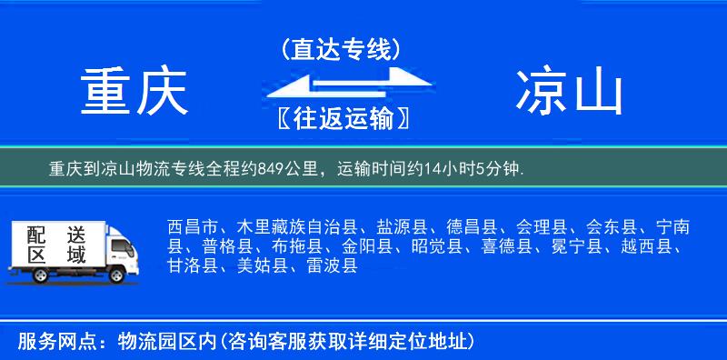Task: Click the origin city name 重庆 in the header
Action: click(x=134, y=93)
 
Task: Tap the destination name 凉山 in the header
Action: click(x=569, y=93)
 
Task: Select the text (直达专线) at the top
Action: click(x=341, y=49)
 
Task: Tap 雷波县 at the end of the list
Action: click(x=333, y=265)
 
